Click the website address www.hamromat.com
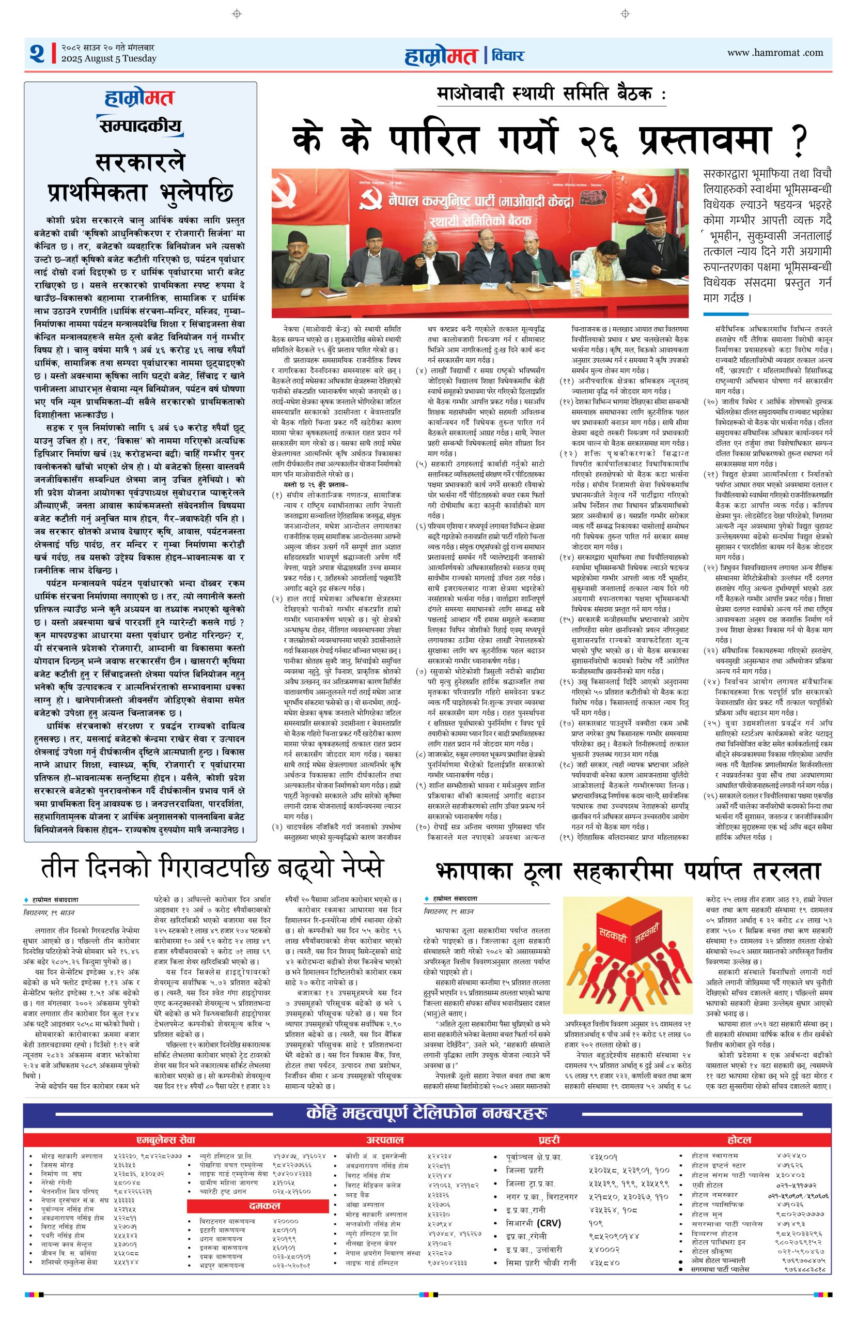[x=775, y=53]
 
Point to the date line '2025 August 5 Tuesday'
[x=109, y=59]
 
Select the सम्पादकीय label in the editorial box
[x=139, y=126]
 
